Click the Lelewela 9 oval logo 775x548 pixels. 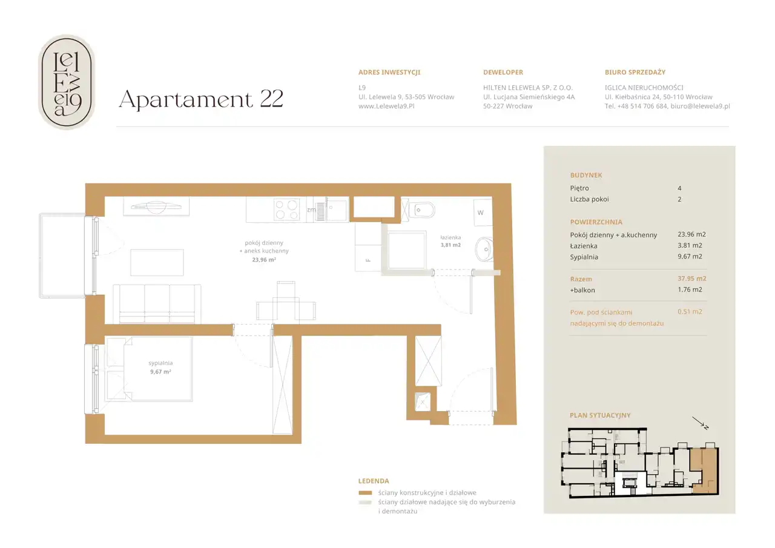pyautogui.click(x=67, y=82)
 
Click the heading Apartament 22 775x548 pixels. pyautogui.click(x=201, y=99)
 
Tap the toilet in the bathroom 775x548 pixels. pyautogui.click(x=421, y=210)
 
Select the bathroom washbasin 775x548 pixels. pyautogui.click(x=484, y=249)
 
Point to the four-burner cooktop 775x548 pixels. pyautogui.click(x=286, y=210)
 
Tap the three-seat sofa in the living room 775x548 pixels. pyautogui.click(x=157, y=304)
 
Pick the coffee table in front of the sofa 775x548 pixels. pyautogui.click(x=157, y=263)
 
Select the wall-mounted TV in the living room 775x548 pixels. pyautogui.click(x=156, y=206)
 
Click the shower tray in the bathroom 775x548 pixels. pyautogui.click(x=406, y=251)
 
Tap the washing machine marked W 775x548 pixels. pyautogui.click(x=483, y=213)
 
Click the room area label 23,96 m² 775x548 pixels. pyautogui.click(x=264, y=260)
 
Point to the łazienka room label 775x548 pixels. pyautogui.click(x=450, y=237)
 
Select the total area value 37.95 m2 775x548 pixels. pyautogui.click(x=692, y=279)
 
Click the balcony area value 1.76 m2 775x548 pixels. pyautogui.click(x=690, y=289)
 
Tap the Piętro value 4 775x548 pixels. pyautogui.click(x=679, y=188)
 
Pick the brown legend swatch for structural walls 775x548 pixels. pyautogui.click(x=365, y=493)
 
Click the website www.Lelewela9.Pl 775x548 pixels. pyautogui.click(x=386, y=106)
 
